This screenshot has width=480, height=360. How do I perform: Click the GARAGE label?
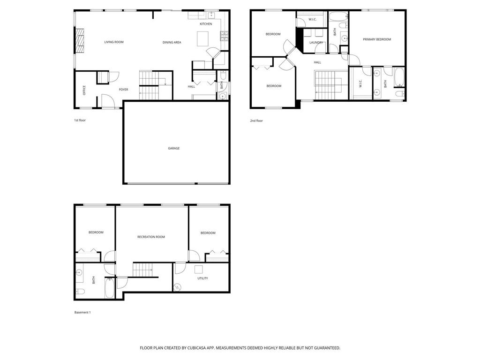click(x=173, y=149)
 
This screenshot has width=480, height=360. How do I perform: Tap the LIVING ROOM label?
click(x=114, y=42)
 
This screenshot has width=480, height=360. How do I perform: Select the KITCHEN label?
click(x=206, y=24)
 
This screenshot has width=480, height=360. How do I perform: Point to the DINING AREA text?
click(x=172, y=43)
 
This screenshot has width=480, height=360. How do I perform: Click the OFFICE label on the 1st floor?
click(x=84, y=90)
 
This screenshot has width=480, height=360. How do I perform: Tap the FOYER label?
click(x=123, y=90)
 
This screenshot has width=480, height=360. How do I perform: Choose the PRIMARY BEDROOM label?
click(x=377, y=39)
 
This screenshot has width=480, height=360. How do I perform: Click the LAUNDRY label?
click(x=316, y=43)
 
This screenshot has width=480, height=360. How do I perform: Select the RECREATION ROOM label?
click(x=151, y=237)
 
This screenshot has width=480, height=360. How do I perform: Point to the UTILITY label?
click(x=202, y=278)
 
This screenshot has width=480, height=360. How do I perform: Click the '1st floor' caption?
click(x=80, y=120)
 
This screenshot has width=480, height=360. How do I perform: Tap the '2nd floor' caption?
click(x=256, y=121)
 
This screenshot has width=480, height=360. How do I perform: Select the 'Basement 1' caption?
click(x=82, y=313)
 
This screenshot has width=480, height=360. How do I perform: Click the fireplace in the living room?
click(x=80, y=41)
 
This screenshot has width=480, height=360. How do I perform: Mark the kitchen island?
click(x=202, y=39)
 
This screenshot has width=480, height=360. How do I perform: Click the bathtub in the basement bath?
click(x=110, y=287)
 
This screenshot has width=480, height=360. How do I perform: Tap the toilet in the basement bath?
click(x=80, y=291)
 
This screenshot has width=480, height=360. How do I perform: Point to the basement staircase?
click(x=142, y=270)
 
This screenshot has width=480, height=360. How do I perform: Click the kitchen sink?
click(x=211, y=15)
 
